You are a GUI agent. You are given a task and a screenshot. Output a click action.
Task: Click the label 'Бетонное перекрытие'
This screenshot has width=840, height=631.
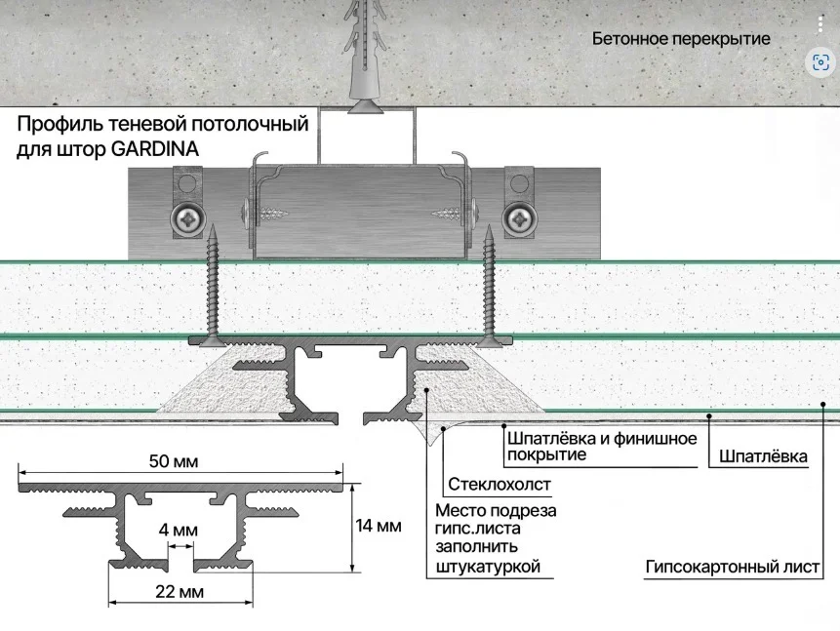coord(681,39)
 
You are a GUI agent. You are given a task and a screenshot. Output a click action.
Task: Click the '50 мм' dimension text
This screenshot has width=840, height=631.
coord(181,461)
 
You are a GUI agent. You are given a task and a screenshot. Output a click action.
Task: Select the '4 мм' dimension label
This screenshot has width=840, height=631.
coord(178,530)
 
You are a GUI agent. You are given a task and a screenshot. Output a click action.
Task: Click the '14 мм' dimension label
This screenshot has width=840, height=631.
coord(379,527)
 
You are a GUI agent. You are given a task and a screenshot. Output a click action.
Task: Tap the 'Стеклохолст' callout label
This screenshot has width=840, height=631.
coord(500,484)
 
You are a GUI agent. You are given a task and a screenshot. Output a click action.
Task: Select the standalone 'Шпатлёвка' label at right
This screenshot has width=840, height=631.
coord(763,456)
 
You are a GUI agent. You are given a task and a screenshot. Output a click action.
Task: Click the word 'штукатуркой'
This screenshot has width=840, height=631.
coord(488,567)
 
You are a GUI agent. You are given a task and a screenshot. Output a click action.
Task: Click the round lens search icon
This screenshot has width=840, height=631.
coord(820,63)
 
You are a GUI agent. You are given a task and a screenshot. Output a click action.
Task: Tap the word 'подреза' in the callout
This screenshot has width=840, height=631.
coord(524,512)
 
